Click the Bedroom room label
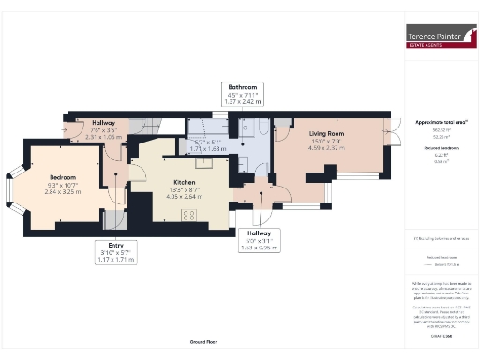click(x=64, y=175)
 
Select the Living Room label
click(x=329, y=134)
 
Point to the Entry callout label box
click(x=117, y=251)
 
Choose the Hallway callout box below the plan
click(x=259, y=239)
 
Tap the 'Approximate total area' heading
click(x=440, y=122)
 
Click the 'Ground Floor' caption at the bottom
click(x=203, y=342)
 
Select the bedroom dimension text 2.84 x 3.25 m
click(x=64, y=190)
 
